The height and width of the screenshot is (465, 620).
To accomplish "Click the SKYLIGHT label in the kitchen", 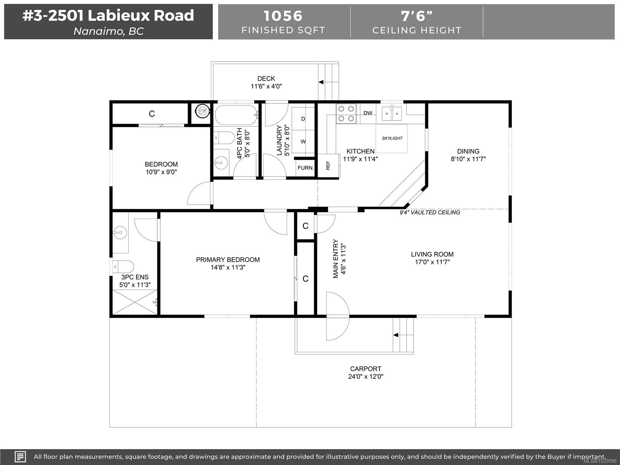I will click(392, 138).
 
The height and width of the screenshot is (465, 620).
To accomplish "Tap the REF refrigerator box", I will click(328, 166).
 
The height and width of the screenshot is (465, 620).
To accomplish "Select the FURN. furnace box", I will click(305, 168).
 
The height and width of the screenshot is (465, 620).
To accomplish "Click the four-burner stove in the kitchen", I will click(346, 114).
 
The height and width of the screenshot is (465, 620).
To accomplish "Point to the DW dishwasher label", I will click(368, 113).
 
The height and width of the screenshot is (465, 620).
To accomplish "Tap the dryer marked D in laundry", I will click(303, 119).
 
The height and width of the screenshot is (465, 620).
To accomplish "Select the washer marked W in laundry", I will click(303, 141).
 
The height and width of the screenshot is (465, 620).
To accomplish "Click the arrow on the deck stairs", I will click(321, 82).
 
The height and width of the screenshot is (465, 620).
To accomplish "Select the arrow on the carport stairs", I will click(396, 335).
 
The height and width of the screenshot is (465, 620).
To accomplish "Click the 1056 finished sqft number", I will click(283, 16).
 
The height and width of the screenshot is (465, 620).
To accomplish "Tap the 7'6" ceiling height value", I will click(417, 16).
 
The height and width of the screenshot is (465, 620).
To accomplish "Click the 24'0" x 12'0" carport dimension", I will click(365, 377).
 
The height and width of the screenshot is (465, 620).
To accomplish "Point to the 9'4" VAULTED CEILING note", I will click(430, 212).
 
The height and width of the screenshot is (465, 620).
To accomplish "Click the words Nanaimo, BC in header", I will click(108, 31).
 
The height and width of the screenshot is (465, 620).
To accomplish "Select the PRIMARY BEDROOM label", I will click(227, 260).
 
